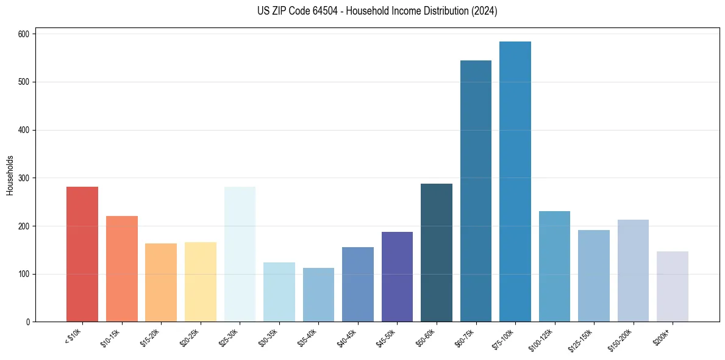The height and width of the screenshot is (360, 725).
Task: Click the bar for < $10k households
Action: pyautogui.click(x=82, y=254)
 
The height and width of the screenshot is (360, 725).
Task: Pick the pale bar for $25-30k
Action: pyautogui.click(x=240, y=254)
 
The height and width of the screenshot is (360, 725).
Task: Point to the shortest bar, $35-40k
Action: pyautogui.click(x=318, y=295)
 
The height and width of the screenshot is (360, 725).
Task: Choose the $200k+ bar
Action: pyautogui.click(x=673, y=286)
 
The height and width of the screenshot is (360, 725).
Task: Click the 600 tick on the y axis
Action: pyautogui.click(x=24, y=34)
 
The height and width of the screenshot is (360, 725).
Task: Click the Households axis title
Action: pyautogui.click(x=10, y=175)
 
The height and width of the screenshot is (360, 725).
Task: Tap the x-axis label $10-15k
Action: pyautogui.click(x=111, y=337)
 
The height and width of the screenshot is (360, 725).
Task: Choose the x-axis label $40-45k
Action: pyautogui.click(x=347, y=337)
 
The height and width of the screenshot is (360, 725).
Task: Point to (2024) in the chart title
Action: pyautogui.click(x=485, y=11)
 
